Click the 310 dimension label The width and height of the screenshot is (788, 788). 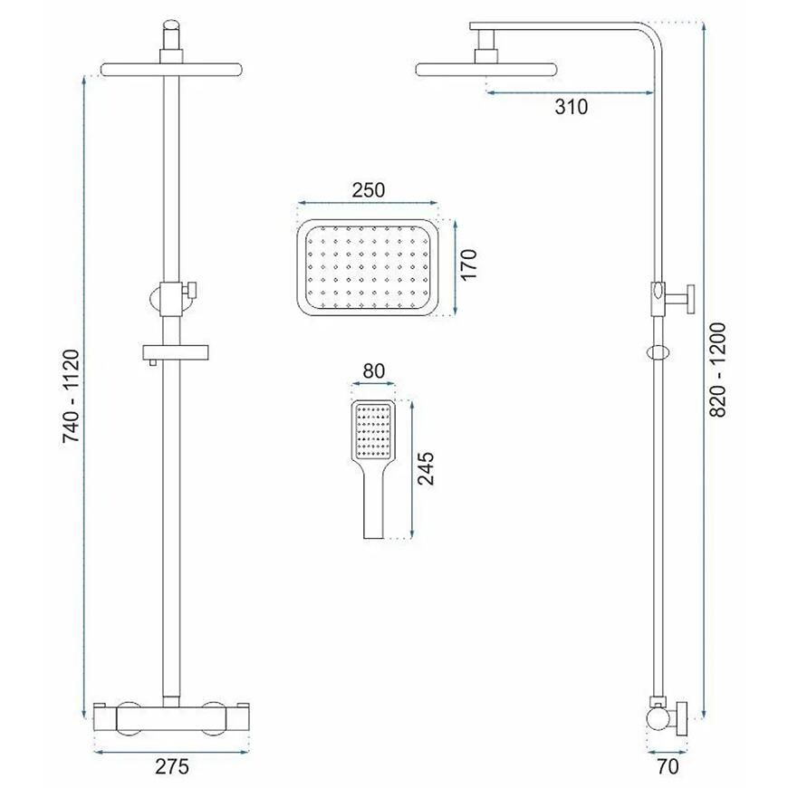click(572, 107)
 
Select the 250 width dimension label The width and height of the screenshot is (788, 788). click(369, 190)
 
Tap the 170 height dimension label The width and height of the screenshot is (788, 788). click(468, 264)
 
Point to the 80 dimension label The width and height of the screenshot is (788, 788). click(373, 370)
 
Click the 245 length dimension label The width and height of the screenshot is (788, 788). click(426, 468)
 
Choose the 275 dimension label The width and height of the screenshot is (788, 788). click(172, 766)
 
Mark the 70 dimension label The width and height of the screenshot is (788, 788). click(668, 766)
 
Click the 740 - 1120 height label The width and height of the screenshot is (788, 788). click(72, 396)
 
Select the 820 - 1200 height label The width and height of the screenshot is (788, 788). click(718, 370)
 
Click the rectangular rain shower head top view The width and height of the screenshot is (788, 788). click(368, 268)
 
